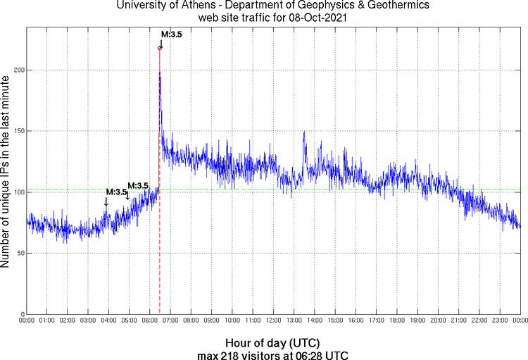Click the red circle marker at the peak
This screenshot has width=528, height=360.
click(160, 48)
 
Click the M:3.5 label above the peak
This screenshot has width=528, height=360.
click(172, 34)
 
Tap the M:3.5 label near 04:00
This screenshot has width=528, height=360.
click(116, 192)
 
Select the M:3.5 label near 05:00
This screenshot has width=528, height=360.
click(138, 185)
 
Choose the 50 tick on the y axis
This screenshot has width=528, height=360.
click(19, 253)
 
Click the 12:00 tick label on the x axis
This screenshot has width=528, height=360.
click(273, 321)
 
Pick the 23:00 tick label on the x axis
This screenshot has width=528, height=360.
click(500, 321)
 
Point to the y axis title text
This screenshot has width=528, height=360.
click(6, 172)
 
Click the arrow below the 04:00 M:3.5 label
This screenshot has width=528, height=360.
click(106, 201)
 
